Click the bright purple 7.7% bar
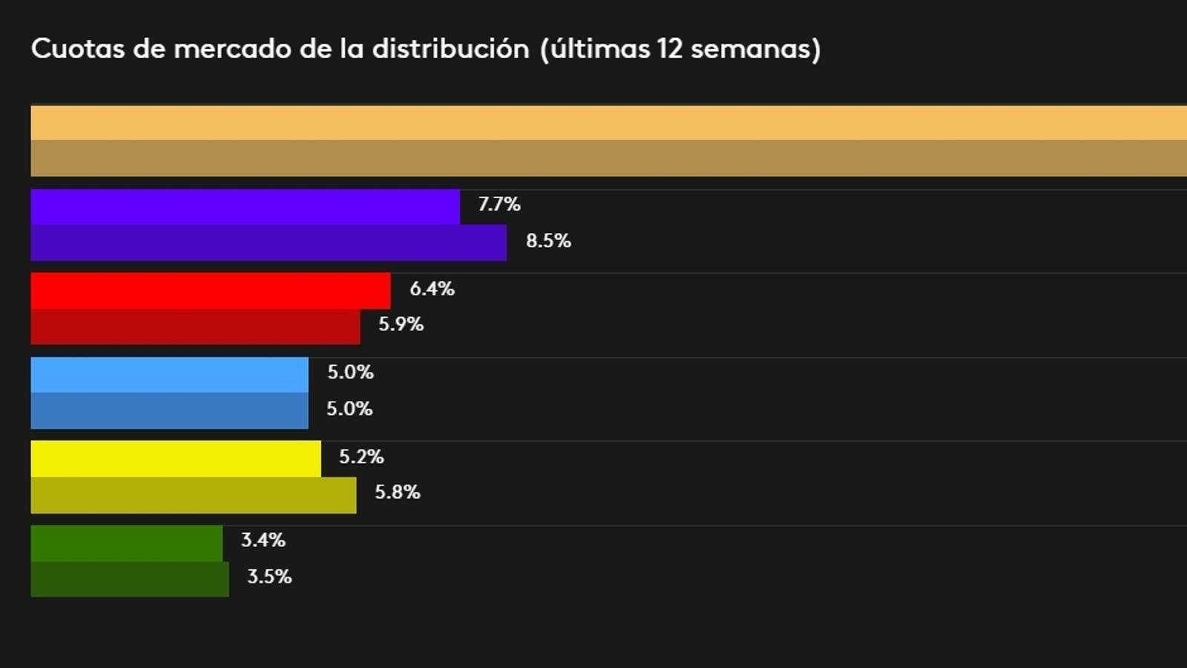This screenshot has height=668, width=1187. (245, 206)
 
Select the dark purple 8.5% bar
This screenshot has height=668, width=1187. (269, 243)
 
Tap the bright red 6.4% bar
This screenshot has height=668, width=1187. (211, 290)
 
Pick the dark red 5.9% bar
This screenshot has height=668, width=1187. (195, 327)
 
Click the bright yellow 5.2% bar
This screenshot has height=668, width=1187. (176, 459)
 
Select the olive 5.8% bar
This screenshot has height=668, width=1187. (193, 495)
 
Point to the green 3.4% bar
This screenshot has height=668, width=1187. (126, 543)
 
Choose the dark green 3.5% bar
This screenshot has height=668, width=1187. (130, 579)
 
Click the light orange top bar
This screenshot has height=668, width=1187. (608, 122)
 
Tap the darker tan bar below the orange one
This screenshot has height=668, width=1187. (608, 158)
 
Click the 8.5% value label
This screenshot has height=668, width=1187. (548, 241)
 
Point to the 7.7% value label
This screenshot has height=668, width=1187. (499, 204)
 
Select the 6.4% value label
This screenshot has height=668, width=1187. (432, 289)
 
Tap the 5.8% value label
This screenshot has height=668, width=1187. (398, 492)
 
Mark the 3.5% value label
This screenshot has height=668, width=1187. (269, 577)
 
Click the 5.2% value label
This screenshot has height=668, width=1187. (361, 456)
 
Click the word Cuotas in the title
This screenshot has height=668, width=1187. (77, 49)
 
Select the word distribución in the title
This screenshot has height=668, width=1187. (450, 49)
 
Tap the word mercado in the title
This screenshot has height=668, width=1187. (232, 49)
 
